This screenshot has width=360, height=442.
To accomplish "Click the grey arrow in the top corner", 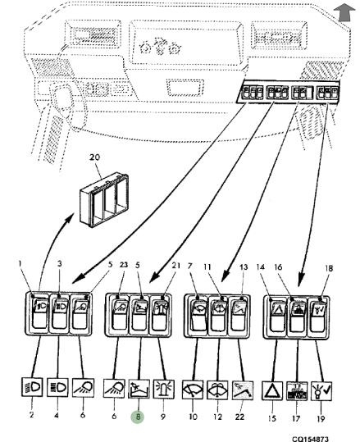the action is (344, 13).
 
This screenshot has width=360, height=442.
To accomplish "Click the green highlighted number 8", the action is (138, 417).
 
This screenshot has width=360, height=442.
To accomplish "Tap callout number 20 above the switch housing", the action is (94, 157).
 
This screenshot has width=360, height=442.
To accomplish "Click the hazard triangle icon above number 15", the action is (272, 390).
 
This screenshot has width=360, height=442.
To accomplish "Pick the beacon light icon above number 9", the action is (164, 389).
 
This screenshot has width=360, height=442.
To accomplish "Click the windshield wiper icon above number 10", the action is (193, 390).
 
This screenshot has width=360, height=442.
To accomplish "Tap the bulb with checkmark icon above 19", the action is (321, 391).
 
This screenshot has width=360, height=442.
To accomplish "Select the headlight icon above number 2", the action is (32, 387).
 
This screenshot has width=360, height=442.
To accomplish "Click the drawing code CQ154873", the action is (310, 439).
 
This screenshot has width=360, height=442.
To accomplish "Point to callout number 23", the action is (124, 265).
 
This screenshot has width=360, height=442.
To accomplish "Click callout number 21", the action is (176, 265).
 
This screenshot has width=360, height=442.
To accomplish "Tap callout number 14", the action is (261, 267).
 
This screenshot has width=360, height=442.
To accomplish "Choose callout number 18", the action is (329, 268).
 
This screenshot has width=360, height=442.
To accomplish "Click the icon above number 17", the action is (297, 391).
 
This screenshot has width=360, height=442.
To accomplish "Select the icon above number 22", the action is (243, 390).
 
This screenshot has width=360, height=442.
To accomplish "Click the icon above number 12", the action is (217, 390).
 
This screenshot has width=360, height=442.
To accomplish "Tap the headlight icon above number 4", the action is (57, 387).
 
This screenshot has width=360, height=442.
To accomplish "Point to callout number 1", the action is (20, 263).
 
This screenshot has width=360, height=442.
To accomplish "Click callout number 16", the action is (278, 267).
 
